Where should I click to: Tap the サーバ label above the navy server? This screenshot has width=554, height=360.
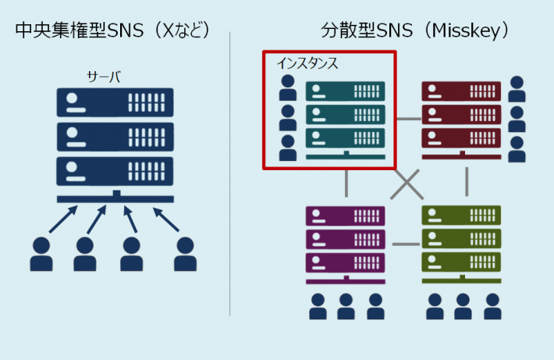[x=104, y=77]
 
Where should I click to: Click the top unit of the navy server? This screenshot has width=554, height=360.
[x=115, y=102]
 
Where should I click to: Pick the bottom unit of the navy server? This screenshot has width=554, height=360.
[x=115, y=169]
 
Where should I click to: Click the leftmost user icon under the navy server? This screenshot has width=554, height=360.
[x=41, y=254]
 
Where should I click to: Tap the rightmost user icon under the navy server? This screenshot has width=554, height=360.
[x=185, y=254]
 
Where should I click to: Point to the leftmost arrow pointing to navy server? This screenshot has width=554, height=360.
[x=63, y=219]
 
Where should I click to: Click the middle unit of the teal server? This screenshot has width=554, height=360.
[x=345, y=115]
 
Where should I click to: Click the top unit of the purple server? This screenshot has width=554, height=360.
[x=345, y=216]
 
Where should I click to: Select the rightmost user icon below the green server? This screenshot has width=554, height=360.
[x=492, y=306]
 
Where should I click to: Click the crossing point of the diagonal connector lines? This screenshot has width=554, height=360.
[x=406, y=184]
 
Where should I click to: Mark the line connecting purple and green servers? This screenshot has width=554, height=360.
[x=405, y=244]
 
